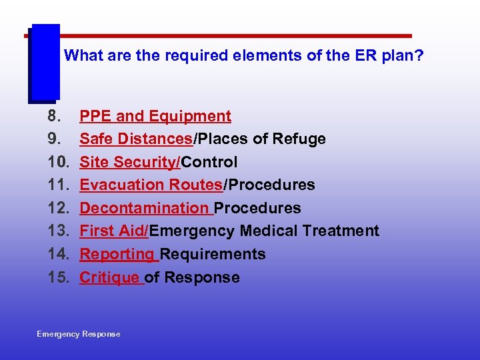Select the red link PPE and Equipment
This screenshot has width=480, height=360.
pyautogui.click(x=155, y=117)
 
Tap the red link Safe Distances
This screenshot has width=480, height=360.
pyautogui.click(x=136, y=139)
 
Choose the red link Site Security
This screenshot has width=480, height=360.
pyautogui.click(x=129, y=162)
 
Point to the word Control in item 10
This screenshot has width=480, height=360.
pyautogui.click(x=209, y=162)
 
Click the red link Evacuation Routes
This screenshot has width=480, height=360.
pyautogui.click(x=151, y=185)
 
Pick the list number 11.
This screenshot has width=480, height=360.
pyautogui.click(x=58, y=185)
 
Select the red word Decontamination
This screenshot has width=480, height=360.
pyautogui.click(x=144, y=208)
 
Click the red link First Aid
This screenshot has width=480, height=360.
pyautogui.click(x=113, y=231)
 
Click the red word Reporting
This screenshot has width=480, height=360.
pyautogui.click(x=117, y=254)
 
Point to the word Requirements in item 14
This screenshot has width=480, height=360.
pyautogui.click(x=213, y=254)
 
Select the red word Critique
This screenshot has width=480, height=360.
pyautogui.click(x=109, y=277)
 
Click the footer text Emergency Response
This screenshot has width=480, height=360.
pyautogui.click(x=79, y=334)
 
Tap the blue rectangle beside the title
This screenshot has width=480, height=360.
pyautogui.click(x=45, y=63)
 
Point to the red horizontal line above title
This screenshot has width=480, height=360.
pyautogui.click(x=233, y=35)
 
